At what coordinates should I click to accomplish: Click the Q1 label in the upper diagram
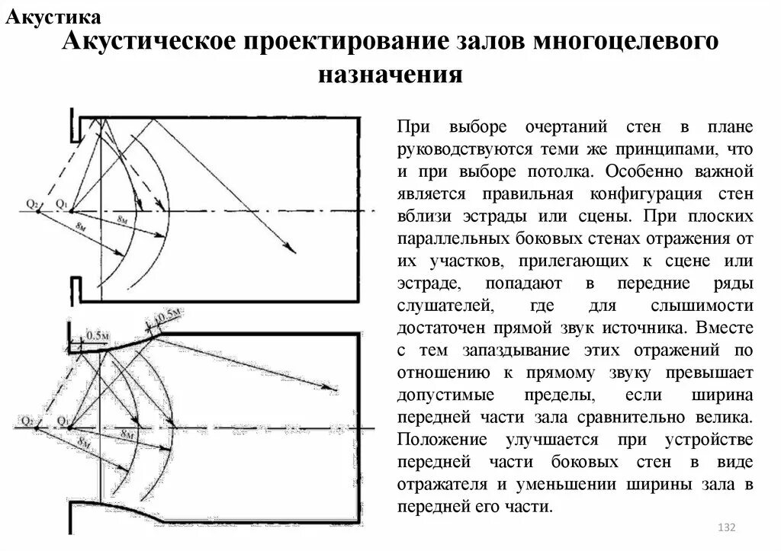click(62, 203)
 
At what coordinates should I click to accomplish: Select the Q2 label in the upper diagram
click(31, 203)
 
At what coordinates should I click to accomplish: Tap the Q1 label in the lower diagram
click(62, 418)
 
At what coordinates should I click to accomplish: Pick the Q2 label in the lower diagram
click(29, 419)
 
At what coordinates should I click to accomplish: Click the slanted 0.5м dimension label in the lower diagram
click(168, 315)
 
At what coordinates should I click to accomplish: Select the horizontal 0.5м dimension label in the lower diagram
click(97, 335)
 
